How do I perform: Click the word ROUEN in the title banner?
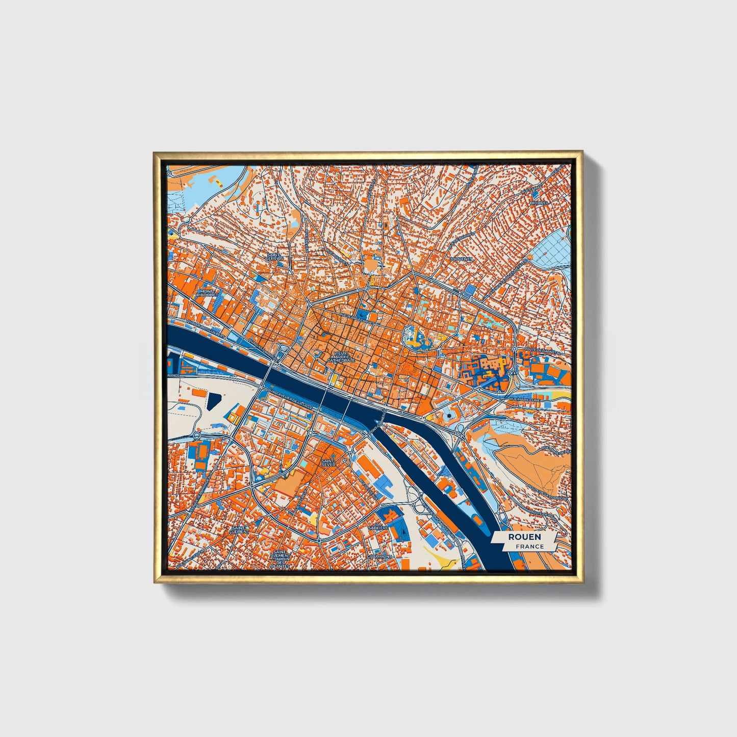coord(524,537)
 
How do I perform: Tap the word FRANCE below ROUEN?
coord(529,546)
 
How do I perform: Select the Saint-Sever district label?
coord(328,463)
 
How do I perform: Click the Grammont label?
coord(380,556)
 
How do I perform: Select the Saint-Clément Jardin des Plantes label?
coord(281,559)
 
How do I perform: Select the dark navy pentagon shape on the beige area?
coord(214,402)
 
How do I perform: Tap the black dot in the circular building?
coord(448,417)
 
